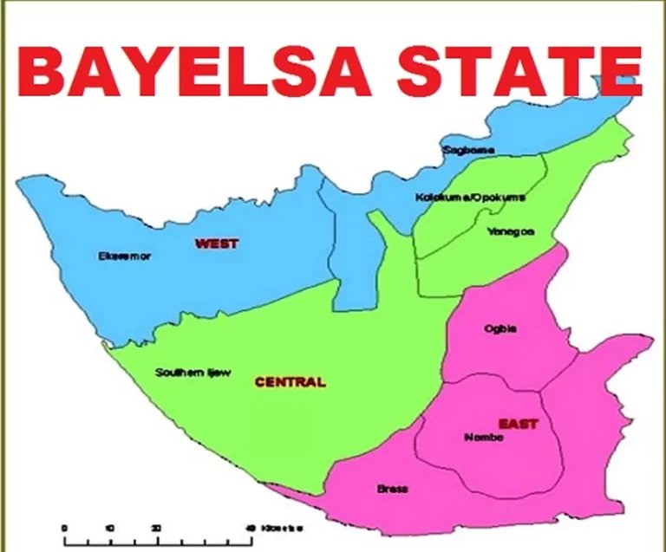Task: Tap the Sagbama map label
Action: [468, 150]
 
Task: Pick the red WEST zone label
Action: [216, 244]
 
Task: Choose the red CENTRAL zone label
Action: [290, 381]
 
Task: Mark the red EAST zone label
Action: [518, 424]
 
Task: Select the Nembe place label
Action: [483, 437]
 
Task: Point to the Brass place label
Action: [392, 489]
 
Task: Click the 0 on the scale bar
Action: [64, 528]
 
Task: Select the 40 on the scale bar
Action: [250, 528]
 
